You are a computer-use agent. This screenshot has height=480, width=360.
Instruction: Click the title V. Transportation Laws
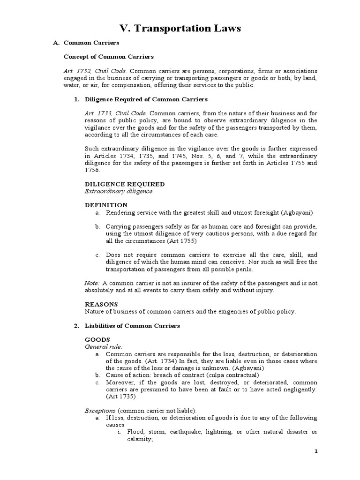(180, 29)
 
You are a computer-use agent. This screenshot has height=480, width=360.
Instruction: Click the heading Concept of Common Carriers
(108, 57)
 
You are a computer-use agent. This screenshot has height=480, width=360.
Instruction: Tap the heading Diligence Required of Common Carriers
(146, 99)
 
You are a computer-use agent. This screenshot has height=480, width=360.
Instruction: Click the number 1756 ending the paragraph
(93, 170)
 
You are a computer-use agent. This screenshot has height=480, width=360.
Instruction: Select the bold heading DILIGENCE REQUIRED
(124, 184)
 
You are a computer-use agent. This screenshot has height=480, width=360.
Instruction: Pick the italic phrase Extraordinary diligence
(118, 191)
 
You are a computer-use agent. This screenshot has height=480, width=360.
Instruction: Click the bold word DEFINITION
(106, 205)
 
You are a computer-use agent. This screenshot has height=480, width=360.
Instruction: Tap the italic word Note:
(92, 283)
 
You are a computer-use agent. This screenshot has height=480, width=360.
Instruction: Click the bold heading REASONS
(101, 304)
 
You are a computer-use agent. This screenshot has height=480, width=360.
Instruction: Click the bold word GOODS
(97, 339)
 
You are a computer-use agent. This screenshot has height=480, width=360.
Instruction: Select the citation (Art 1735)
(119, 397)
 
